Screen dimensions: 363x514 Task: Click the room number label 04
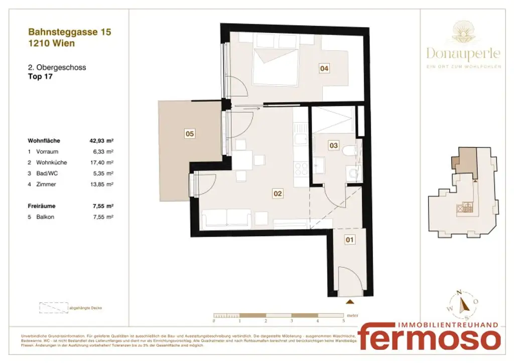point(325,69)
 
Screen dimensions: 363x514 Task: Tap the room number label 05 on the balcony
point(190,134)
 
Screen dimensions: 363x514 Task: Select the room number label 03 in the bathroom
point(333,145)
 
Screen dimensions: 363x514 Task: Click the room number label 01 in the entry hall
point(350,240)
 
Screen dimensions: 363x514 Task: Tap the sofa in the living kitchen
point(226,218)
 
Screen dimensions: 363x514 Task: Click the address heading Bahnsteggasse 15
point(70,32)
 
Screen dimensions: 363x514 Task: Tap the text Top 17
point(41,77)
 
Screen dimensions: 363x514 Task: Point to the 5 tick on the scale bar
point(343,320)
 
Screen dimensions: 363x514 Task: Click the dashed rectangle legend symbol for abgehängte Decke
point(53,307)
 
